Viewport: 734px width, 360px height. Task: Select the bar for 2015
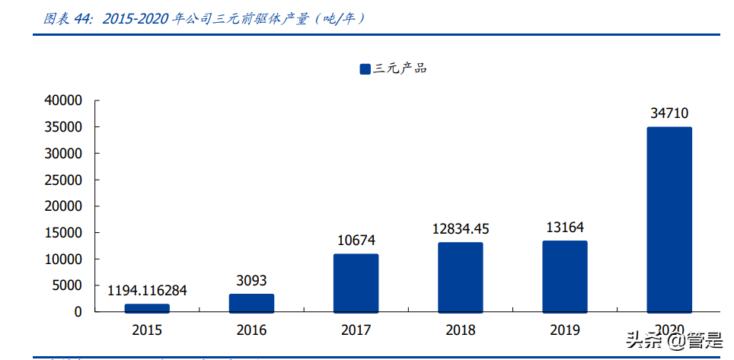tap(147, 308)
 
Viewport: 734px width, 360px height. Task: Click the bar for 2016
tap(251, 303)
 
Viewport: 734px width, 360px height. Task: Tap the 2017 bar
tap(356, 283)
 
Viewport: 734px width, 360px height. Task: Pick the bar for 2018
tap(460, 277)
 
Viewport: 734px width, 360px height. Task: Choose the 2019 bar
tap(565, 276)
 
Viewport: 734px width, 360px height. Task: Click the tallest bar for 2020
tap(669, 219)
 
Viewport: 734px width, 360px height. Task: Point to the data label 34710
tap(669, 113)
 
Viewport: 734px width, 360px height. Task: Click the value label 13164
tap(565, 227)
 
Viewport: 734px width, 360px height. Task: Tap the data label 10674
tap(356, 241)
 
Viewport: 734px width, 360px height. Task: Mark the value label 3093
tap(251, 281)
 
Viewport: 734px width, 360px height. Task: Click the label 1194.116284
tap(147, 290)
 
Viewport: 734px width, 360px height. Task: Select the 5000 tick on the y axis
tap(66, 285)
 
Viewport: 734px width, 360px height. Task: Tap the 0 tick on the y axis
tap(78, 312)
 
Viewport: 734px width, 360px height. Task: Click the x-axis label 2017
tap(356, 330)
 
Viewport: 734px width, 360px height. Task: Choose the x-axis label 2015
tap(147, 330)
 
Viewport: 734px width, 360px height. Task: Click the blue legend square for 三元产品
tap(365, 69)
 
